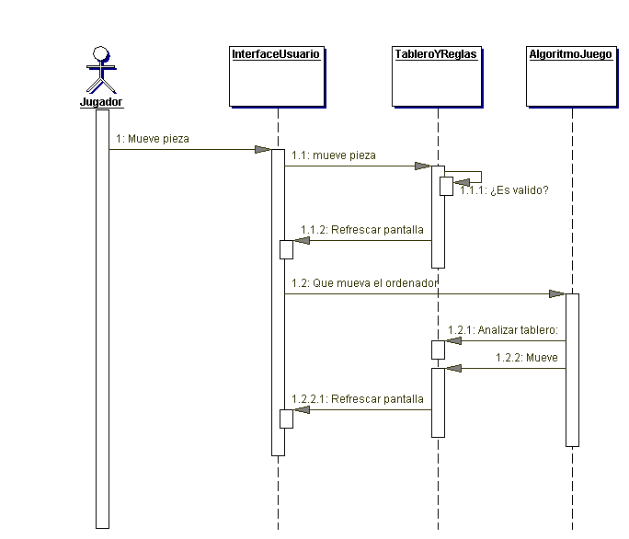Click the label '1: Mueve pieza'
point(153,140)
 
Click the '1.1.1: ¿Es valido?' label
point(504,191)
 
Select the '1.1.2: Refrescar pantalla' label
point(362,230)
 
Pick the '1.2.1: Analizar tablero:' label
point(503,329)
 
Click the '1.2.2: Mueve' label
point(526,357)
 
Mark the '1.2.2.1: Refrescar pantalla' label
point(357,399)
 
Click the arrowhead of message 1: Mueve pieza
point(263,149)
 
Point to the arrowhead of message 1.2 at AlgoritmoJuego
point(557,293)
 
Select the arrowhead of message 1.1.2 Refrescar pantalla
point(301,241)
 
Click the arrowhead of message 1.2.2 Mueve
point(452,369)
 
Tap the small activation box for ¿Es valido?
point(445,185)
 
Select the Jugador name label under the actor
point(101,102)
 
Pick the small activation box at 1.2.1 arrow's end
point(439,350)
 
